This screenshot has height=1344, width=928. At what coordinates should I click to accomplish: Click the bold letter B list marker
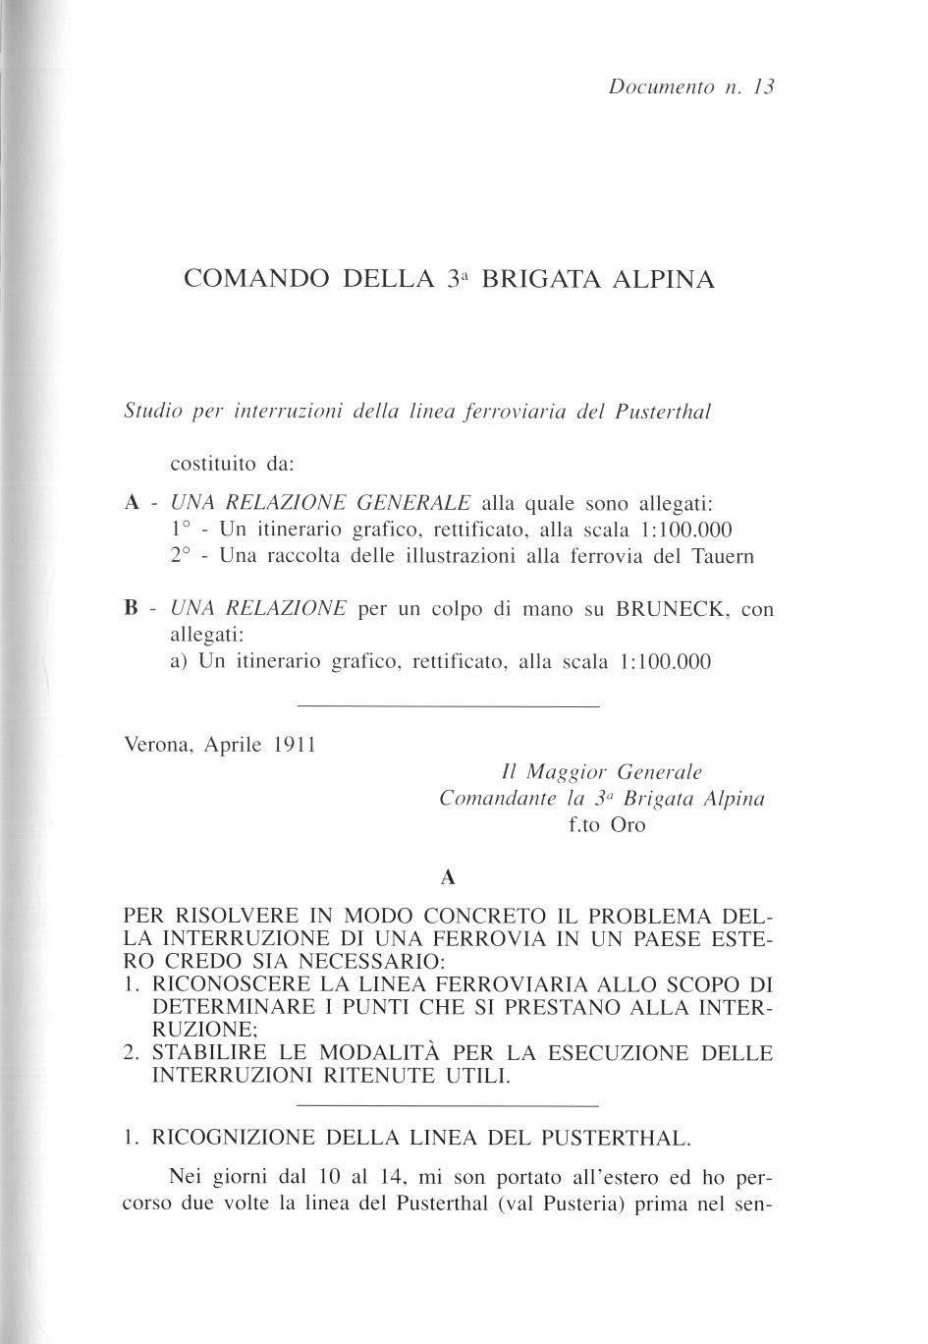tap(130, 609)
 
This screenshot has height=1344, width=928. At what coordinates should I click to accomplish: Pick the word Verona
tap(160, 745)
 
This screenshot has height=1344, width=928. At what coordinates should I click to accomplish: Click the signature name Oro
tap(628, 825)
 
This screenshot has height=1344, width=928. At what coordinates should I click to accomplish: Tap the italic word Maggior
tap(572, 772)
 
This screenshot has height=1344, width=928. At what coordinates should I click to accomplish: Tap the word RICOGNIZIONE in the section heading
tap(232, 1139)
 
